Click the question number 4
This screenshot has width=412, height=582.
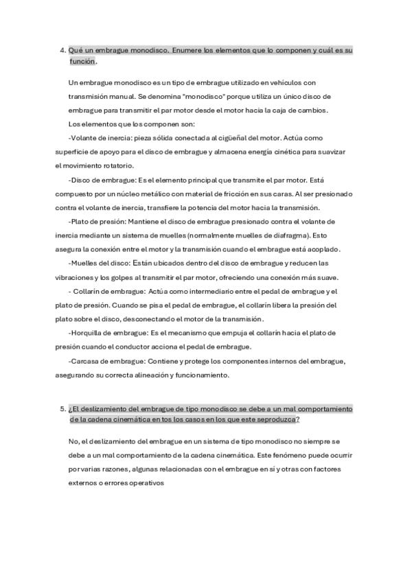click(x=62, y=51)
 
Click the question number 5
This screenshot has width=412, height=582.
click(x=62, y=409)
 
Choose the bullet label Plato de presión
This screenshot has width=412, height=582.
click(x=98, y=221)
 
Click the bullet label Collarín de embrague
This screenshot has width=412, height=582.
click(x=102, y=291)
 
